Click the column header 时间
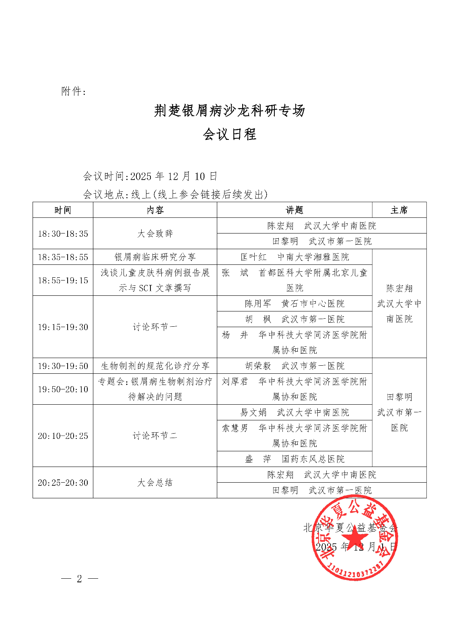[63, 210]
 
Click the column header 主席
[399, 210]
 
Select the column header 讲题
[294, 210]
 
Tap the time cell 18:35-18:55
[63, 257]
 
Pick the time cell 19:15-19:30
[63, 327]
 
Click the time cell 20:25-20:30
[63, 483]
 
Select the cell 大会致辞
[155, 233]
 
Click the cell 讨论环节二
[155, 436]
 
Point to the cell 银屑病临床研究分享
[155, 257]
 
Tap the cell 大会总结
[155, 483]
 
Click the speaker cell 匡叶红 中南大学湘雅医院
[294, 257]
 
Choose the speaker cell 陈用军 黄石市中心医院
[294, 304]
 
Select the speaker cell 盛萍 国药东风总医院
[294, 459]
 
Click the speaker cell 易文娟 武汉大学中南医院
[294, 412]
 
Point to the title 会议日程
[229, 134]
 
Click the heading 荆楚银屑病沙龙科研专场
[229, 111]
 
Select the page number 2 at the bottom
[79, 579]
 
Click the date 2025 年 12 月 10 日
[173, 176]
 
